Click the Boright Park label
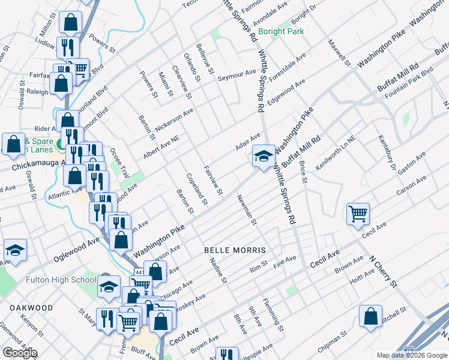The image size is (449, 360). (281, 31)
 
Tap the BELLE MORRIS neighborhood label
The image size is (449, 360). (235, 249)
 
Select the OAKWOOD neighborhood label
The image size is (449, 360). (31, 307)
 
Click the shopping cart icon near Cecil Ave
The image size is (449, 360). (358, 212)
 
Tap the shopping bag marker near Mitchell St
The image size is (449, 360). (371, 315)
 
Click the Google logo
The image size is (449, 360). (20, 353)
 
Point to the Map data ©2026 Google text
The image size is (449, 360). (412, 355)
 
